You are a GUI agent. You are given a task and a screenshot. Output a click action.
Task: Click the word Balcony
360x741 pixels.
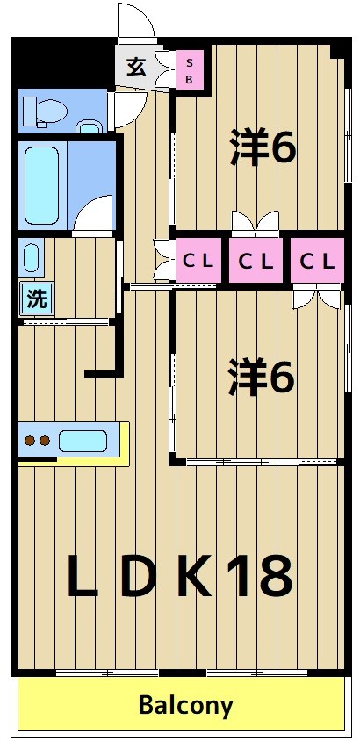[x=185, y=705]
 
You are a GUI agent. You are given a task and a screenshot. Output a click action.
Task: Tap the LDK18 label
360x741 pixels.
[x=179, y=576]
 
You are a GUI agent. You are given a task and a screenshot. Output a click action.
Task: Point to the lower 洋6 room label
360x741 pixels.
[x=261, y=378]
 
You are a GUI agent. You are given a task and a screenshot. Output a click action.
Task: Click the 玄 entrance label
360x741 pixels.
[x=136, y=68]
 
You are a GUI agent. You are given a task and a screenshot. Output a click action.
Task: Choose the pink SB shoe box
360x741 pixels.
[x=189, y=69]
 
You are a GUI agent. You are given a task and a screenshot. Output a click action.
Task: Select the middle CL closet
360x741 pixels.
[x=257, y=261]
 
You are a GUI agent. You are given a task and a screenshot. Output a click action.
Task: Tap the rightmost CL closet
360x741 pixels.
[x=316, y=261]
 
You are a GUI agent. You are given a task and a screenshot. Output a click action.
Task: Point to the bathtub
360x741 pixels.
[x=42, y=185]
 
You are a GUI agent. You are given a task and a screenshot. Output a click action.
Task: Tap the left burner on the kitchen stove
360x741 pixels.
[x=29, y=441]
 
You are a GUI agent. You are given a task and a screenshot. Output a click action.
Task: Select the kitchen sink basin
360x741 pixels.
[x=83, y=441]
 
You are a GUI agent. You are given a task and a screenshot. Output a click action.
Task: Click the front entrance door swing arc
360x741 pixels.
[x=136, y=22]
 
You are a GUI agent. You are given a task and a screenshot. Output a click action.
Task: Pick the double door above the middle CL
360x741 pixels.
[x=256, y=221]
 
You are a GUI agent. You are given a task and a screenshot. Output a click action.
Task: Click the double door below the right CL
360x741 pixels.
[x=317, y=297]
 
